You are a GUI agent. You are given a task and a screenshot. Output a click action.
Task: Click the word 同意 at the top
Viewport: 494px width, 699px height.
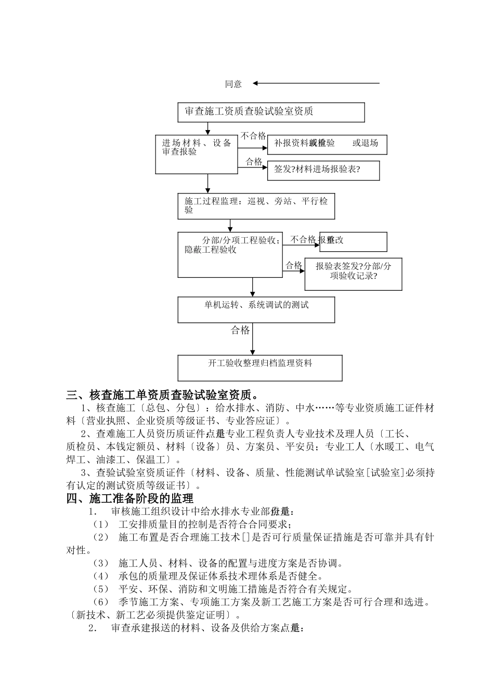233,84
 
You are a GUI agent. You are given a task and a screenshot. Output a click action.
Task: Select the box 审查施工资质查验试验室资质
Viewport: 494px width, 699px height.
271,112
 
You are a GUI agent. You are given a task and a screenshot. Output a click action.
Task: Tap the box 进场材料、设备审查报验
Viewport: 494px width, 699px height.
197,154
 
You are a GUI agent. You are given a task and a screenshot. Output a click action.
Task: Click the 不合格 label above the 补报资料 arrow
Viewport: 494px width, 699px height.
253,136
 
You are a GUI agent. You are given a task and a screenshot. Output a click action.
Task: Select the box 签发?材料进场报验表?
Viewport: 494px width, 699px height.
323,170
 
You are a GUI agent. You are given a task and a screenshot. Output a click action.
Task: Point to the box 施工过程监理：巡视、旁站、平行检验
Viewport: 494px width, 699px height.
256,206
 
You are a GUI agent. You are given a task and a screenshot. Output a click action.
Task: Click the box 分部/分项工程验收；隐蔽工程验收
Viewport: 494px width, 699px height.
230,255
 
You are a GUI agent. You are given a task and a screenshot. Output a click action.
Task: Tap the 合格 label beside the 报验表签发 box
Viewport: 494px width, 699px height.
294,265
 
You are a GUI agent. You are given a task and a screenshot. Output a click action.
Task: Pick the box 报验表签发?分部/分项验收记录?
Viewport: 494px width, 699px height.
353,274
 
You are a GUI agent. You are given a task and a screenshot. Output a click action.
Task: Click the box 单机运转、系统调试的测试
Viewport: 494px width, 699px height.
256,309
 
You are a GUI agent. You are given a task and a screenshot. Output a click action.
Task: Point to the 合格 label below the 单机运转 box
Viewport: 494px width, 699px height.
240,330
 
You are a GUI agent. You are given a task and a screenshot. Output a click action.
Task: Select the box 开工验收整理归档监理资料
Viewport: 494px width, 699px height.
260,368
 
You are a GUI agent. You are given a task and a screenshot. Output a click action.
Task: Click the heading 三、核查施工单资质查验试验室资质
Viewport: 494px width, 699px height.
163,395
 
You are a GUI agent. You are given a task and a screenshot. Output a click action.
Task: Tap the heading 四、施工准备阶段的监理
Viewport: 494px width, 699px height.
129,499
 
